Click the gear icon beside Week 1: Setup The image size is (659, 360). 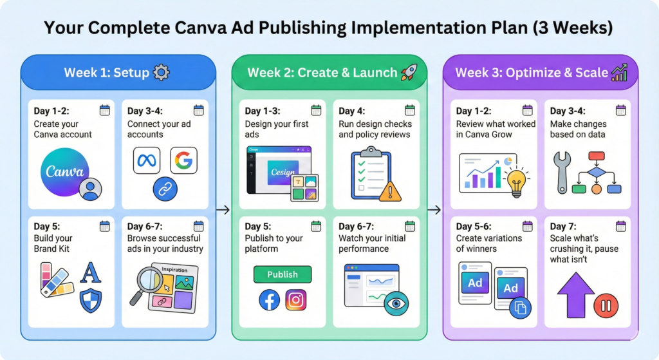point(162,72)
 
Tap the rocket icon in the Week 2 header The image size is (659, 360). point(409,72)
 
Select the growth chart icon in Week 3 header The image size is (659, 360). point(619,72)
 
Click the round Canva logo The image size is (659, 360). point(65,171)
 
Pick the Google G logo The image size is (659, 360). point(183,160)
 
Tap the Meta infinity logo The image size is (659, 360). point(147,160)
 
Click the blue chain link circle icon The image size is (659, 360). point(165,189)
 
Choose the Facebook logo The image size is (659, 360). point(270,300)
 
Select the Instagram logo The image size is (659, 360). point(296,300)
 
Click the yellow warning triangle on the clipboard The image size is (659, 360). point(390,192)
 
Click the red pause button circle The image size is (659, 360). point(606,305)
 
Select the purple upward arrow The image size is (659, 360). point(576,295)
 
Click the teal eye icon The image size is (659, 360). point(396,303)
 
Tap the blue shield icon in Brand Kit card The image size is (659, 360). point(91,300)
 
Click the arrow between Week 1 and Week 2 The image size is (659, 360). point(223,209)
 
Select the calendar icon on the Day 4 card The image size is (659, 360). point(410,110)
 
